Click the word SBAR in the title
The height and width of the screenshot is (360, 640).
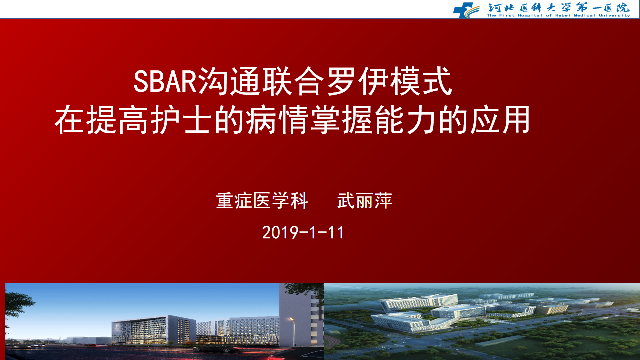point(165,81)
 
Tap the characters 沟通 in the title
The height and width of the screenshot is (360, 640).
point(229,81)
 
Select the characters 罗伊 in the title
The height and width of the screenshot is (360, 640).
point(357,81)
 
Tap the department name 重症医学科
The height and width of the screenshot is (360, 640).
point(262,201)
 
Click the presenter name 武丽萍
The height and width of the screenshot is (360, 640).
point(365,201)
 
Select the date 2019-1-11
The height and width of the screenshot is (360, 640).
point(303,233)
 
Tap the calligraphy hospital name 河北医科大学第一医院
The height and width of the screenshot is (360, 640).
point(558,7)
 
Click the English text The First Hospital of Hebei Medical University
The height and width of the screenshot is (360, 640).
point(558,15)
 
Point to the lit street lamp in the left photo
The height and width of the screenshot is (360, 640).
point(292,331)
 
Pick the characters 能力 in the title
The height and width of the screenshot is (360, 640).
point(405,120)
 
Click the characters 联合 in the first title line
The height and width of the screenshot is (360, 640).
point(293,81)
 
